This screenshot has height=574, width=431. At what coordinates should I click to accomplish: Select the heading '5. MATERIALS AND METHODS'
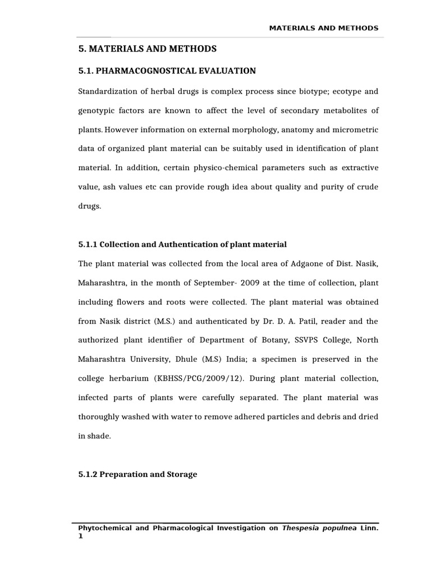click(x=146, y=49)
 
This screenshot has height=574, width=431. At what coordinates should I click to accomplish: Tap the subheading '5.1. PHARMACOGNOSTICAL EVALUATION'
click(x=167, y=71)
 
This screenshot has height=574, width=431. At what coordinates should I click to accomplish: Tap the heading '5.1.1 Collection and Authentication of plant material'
click(x=182, y=244)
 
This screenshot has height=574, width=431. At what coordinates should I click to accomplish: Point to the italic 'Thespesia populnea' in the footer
click(x=319, y=527)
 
